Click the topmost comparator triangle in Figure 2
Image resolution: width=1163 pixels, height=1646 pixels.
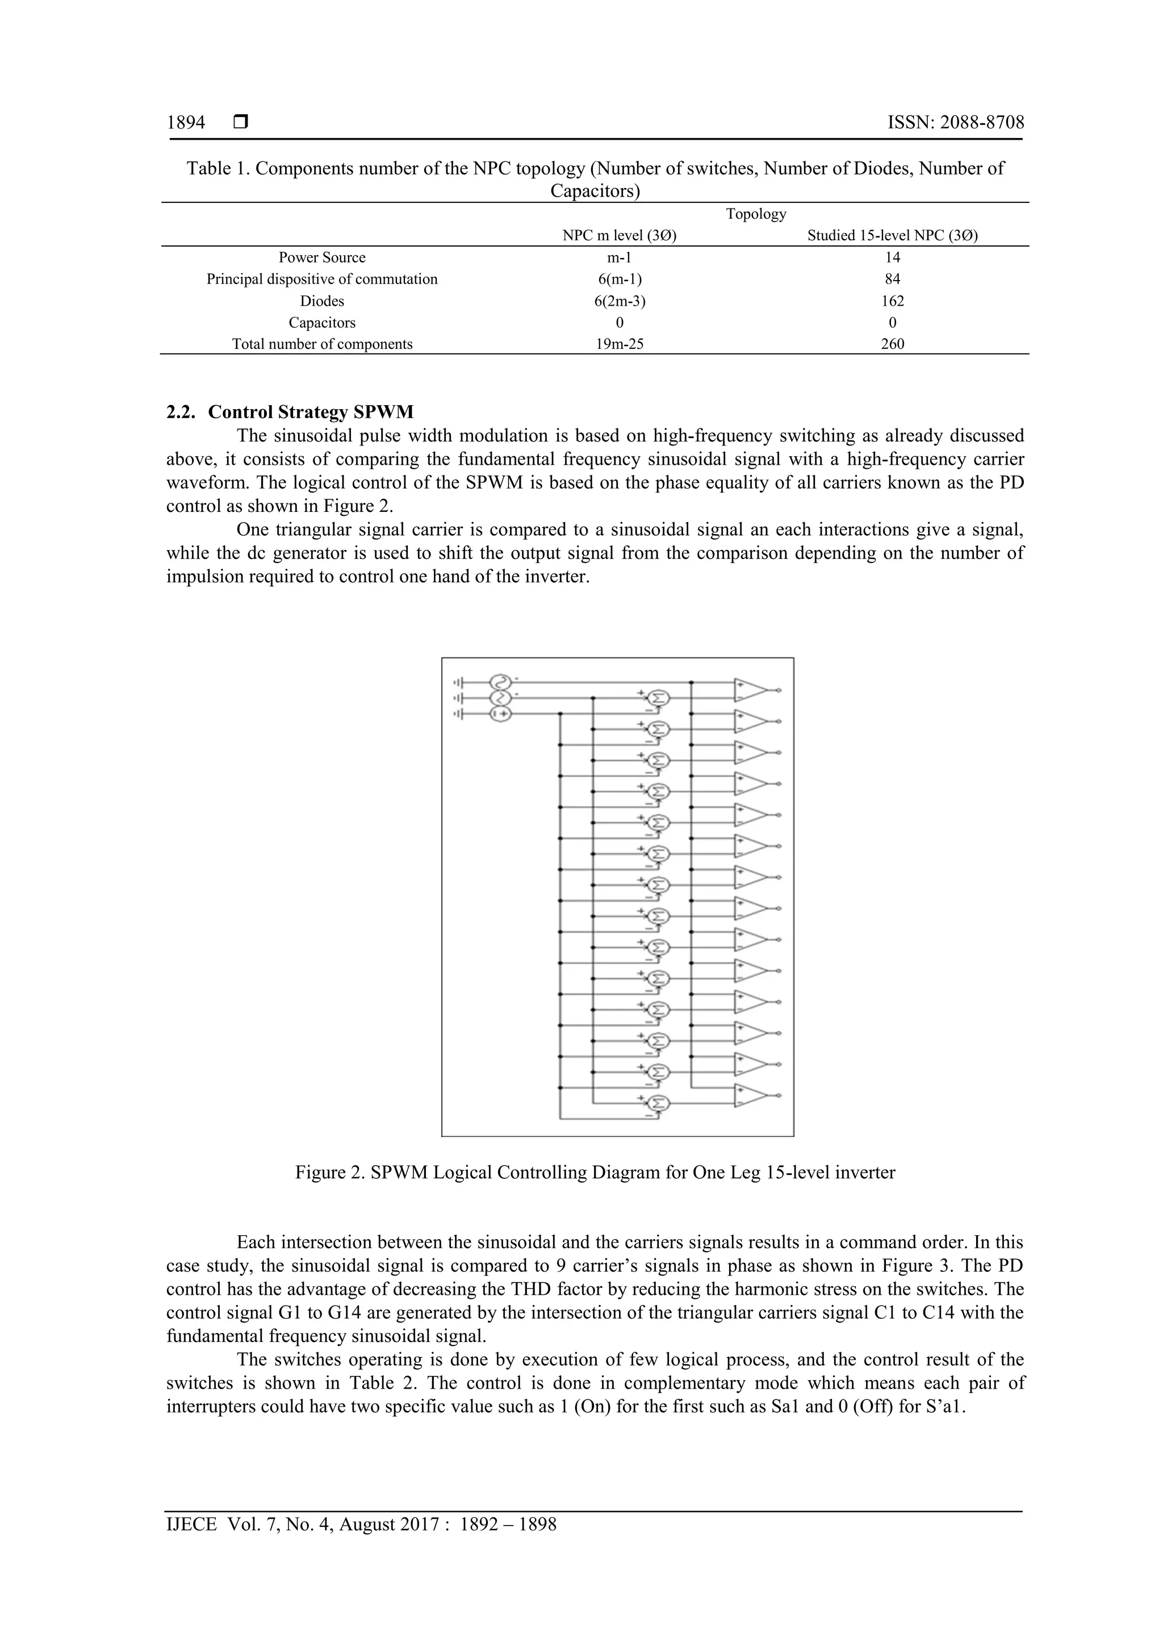click(x=750, y=690)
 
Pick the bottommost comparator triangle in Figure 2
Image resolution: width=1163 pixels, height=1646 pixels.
click(x=750, y=1095)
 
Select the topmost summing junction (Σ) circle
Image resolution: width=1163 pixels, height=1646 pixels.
click(x=658, y=698)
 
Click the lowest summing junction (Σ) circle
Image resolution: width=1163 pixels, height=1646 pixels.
click(x=658, y=1103)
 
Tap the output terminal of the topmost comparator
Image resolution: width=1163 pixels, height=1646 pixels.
click(x=780, y=690)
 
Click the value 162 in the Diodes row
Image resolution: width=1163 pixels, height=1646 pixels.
click(x=892, y=301)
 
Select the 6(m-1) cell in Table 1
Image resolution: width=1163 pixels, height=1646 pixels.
click(x=620, y=280)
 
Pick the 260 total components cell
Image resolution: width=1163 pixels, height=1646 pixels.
click(x=892, y=344)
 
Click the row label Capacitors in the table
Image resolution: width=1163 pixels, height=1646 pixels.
click(x=322, y=323)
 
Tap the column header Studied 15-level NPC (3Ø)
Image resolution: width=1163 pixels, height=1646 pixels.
click(x=892, y=236)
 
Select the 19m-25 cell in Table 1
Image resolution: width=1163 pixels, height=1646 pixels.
click(x=620, y=344)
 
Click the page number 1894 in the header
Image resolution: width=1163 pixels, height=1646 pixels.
click(x=186, y=123)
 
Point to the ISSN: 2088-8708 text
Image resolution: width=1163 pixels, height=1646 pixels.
click(x=955, y=123)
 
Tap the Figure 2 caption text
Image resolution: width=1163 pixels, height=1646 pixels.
click(x=595, y=1172)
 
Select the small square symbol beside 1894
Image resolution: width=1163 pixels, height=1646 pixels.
click(x=241, y=123)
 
